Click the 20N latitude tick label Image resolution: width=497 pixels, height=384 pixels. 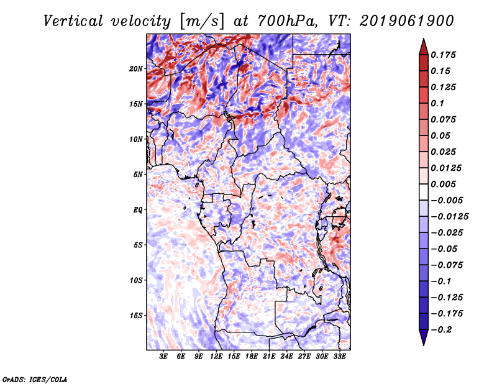tap(136, 68)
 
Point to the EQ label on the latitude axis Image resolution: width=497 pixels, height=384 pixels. tap(137, 209)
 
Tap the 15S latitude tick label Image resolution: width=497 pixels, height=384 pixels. tap(136, 315)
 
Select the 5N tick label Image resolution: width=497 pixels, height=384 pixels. tap(137, 175)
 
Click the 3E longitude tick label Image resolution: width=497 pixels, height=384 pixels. tap(164, 357)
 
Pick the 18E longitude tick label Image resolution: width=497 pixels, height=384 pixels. tap(252, 357)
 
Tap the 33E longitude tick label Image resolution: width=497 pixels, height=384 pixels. tap(339, 357)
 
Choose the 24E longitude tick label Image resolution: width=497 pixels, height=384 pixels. tap(286, 357)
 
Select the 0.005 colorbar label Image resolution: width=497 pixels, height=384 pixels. tap(445, 184)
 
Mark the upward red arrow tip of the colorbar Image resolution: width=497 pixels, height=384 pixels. tap(423, 40)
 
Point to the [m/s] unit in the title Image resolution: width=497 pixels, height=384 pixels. tap(199, 21)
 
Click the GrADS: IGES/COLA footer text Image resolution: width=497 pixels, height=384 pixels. tap(34, 378)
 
